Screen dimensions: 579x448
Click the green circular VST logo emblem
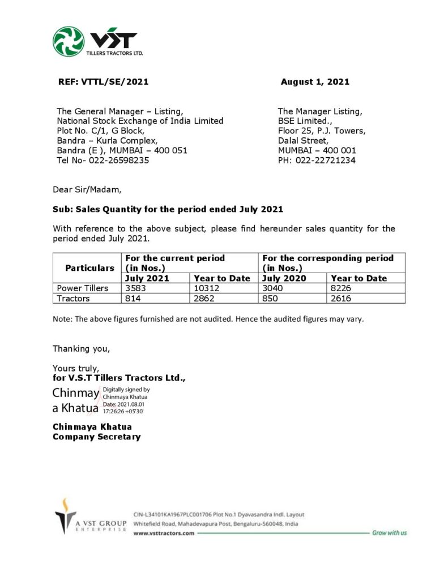coord(69,41)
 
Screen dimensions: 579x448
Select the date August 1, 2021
coord(315,82)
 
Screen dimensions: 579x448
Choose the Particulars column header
coord(89,268)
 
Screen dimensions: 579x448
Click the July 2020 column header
coord(284,278)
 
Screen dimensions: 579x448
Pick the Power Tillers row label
coord(83,288)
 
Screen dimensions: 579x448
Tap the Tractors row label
coord(74,299)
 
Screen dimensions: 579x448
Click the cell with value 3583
coord(136,288)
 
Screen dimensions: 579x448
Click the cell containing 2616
coord(343,299)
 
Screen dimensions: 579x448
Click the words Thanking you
coord(82,348)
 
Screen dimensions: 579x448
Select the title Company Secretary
coord(97,437)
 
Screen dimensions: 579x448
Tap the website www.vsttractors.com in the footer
coord(164,533)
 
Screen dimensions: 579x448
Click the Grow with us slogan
coord(389,533)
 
